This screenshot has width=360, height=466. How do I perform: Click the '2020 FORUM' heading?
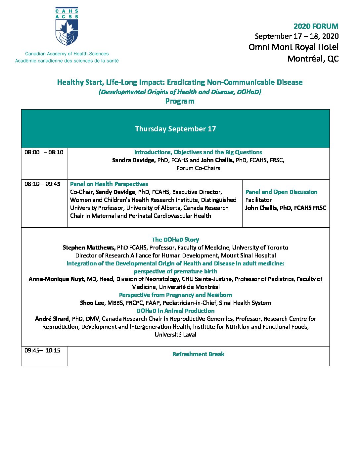316,26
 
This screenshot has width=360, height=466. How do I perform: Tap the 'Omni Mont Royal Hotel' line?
293,47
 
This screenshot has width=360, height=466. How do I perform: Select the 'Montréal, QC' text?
313,59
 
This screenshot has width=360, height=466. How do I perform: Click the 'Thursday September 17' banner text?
175,129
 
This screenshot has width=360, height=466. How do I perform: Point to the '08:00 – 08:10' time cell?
44,152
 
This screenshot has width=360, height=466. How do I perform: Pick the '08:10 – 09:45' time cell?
42,184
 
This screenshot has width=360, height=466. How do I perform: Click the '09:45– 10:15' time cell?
42,350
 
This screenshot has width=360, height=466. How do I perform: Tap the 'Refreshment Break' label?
198,354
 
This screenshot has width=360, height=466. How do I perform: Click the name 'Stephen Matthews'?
89,248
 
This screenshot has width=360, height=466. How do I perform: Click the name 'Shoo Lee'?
92,303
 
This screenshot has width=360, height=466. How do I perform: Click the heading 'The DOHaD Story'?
175,240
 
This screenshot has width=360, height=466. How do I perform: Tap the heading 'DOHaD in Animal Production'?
175,311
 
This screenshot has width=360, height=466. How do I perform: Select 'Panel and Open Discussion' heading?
281,192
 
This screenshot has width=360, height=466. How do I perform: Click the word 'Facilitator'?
258,200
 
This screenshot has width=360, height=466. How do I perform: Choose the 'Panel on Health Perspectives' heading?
109,184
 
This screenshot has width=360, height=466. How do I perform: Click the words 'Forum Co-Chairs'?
198,168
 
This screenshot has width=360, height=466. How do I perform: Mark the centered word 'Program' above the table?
180,101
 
